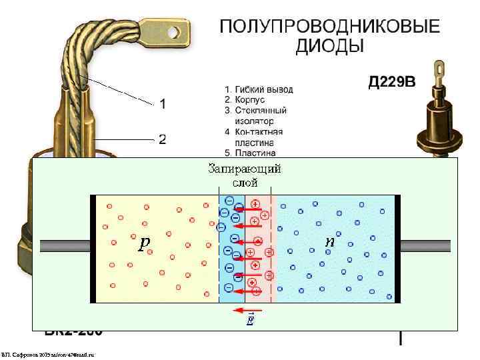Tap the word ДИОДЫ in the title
(330, 46)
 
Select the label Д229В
(392, 83)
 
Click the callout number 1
(162, 104)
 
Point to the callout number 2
(162, 139)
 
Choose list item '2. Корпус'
(246, 99)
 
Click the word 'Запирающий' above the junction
(245, 168)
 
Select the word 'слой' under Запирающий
(245, 181)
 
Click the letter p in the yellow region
(144, 244)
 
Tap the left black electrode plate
(93, 249)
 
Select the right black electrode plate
(397, 249)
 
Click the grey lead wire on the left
(65, 245)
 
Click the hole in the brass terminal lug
(175, 30)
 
